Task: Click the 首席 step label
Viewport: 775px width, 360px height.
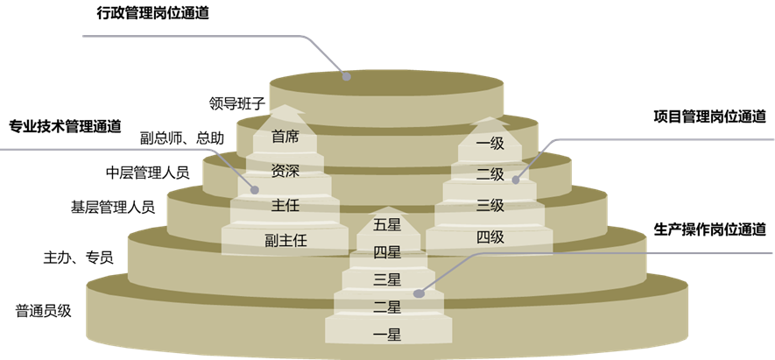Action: click(285, 137)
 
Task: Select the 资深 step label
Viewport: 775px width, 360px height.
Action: click(285, 171)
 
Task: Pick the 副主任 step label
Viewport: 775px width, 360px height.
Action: click(285, 239)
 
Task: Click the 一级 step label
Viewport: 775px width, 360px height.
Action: click(490, 143)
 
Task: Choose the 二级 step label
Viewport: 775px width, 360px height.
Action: click(490, 174)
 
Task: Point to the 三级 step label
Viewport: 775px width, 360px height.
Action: click(490, 206)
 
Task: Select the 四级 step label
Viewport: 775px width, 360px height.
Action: click(490, 236)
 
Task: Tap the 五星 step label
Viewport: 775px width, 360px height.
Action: click(386, 224)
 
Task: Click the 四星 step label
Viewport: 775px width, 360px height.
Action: click(386, 252)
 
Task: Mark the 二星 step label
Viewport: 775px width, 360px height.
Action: click(386, 307)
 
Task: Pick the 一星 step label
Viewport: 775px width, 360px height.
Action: click(386, 335)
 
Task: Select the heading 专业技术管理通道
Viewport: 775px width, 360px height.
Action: click(65, 124)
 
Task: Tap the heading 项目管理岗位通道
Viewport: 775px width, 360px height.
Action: click(709, 116)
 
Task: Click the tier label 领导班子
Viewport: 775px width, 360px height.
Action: click(236, 102)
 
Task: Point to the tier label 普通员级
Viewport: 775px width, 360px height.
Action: click(43, 310)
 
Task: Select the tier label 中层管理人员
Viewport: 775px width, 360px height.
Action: click(147, 172)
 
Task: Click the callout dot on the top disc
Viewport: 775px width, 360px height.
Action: click(347, 76)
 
